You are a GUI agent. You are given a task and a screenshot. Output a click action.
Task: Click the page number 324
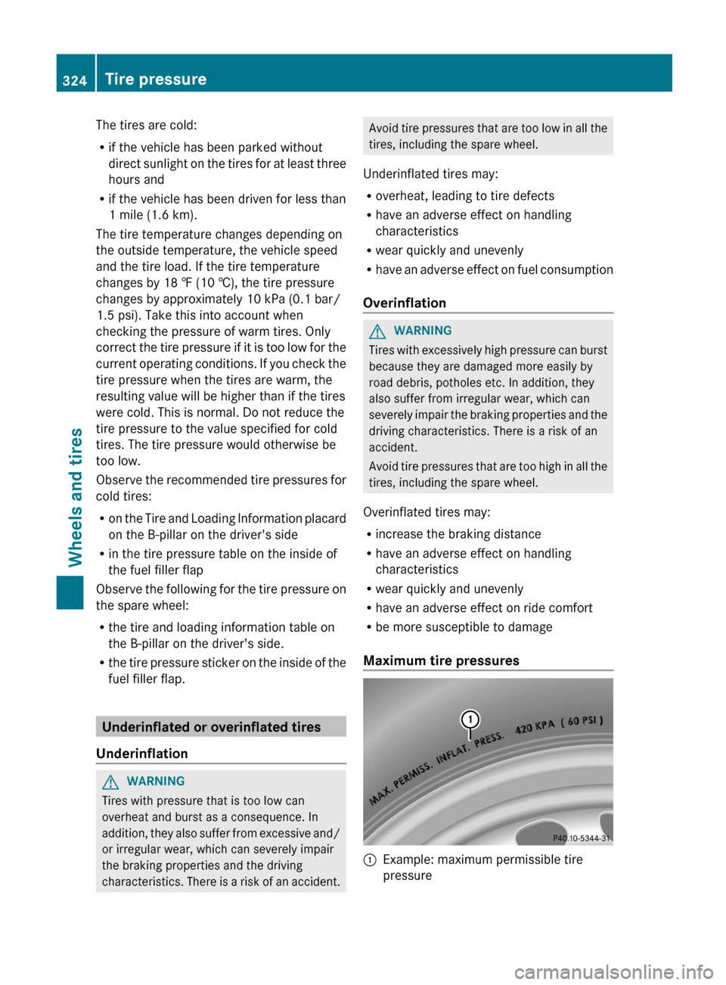(x=75, y=80)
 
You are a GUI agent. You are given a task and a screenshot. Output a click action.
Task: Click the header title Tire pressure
(x=155, y=79)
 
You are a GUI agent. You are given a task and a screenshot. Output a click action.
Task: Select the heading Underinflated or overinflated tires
(x=212, y=727)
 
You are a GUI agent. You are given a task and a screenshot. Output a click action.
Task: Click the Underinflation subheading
(x=142, y=754)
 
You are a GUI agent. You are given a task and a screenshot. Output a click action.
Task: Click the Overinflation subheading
(x=405, y=303)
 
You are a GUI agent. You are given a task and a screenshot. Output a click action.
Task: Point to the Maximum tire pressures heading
(x=441, y=660)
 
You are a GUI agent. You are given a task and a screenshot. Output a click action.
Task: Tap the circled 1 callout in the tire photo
(x=470, y=719)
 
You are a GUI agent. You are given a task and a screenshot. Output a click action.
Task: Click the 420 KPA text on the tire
(x=535, y=727)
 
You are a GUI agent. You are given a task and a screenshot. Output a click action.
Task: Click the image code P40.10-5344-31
(x=581, y=837)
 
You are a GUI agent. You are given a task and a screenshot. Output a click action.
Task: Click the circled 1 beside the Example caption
(x=370, y=860)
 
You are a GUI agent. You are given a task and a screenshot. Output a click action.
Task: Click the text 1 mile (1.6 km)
(x=153, y=215)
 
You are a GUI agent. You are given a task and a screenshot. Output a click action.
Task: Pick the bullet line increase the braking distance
(x=458, y=534)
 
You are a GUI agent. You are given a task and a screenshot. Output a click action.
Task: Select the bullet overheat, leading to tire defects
(x=464, y=196)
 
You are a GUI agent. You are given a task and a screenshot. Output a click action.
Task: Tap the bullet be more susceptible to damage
(x=464, y=627)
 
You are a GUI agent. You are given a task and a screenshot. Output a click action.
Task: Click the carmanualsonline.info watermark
(x=613, y=971)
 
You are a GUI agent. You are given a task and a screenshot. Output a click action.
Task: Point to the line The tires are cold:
(x=146, y=126)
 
